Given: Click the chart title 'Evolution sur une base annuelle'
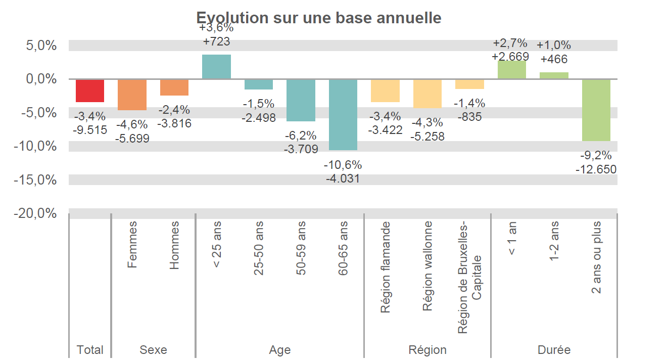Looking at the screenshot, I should [319, 18].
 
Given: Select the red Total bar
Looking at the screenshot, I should [90, 91].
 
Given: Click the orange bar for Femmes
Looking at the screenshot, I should [132, 95].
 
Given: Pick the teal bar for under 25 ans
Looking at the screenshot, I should [216, 67].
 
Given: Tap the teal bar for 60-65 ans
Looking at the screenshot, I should [343, 114].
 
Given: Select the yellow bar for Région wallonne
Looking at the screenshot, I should [427, 94].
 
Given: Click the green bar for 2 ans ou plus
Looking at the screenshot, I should [596, 110].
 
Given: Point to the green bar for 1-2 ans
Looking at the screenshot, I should [554, 76].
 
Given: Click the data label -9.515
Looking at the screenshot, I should [90, 130].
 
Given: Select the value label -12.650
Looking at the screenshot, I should [596, 169].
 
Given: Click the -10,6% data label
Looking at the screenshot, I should [343, 165].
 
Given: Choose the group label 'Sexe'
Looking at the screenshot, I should [153, 350].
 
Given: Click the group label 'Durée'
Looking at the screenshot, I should [554, 350].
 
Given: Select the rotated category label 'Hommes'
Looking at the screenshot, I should [174, 245].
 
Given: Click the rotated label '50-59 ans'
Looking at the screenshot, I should [301, 248].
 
